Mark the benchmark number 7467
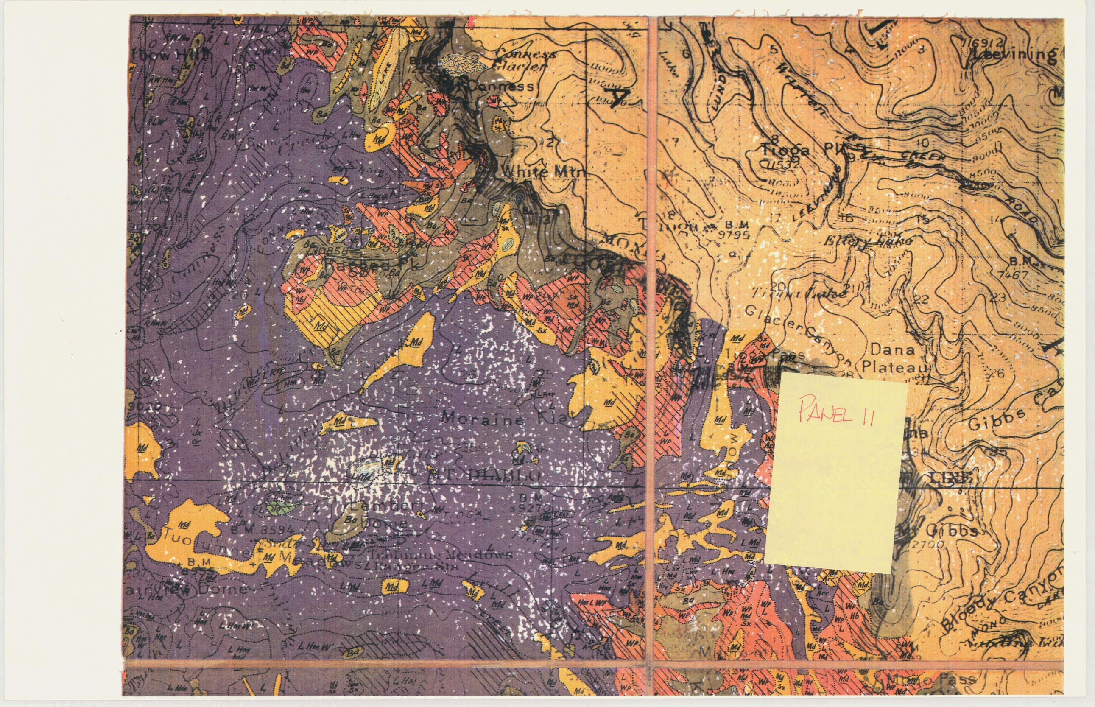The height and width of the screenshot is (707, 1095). tap(1013, 274)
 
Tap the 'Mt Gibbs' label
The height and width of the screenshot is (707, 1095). tap(936, 531)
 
